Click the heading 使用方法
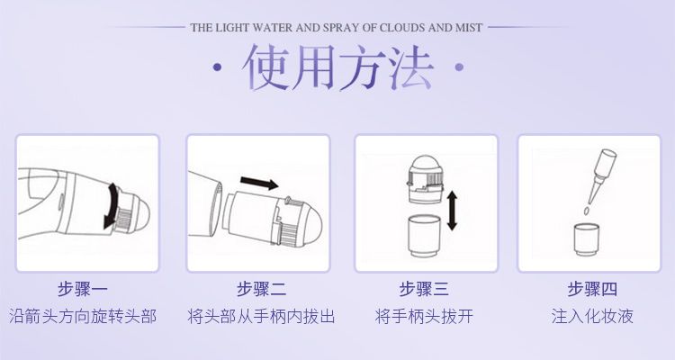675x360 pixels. pyautogui.click(x=337, y=67)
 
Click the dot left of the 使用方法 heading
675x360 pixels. pyautogui.click(x=218, y=67)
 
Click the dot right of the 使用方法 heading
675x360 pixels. pyautogui.click(x=459, y=67)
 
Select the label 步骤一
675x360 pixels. pyautogui.click(x=83, y=289)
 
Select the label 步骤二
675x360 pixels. pyautogui.click(x=261, y=289)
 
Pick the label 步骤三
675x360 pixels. pyautogui.click(x=424, y=289)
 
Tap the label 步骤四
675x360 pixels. pyautogui.click(x=592, y=289)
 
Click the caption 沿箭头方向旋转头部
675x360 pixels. pyautogui.click(x=83, y=317)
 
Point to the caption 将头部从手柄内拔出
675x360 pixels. pyautogui.click(x=261, y=317)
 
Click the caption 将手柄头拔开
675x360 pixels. pyautogui.click(x=424, y=317)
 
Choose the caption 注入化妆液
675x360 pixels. pyautogui.click(x=592, y=317)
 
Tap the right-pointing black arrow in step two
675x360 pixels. pyautogui.click(x=259, y=183)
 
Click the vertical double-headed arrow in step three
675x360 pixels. pyautogui.click(x=452, y=211)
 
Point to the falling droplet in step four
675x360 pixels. pyautogui.click(x=586, y=211)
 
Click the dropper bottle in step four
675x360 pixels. pyautogui.click(x=601, y=172)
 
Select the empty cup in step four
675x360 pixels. pyautogui.click(x=587, y=239)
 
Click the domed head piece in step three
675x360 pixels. pyautogui.click(x=426, y=179)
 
